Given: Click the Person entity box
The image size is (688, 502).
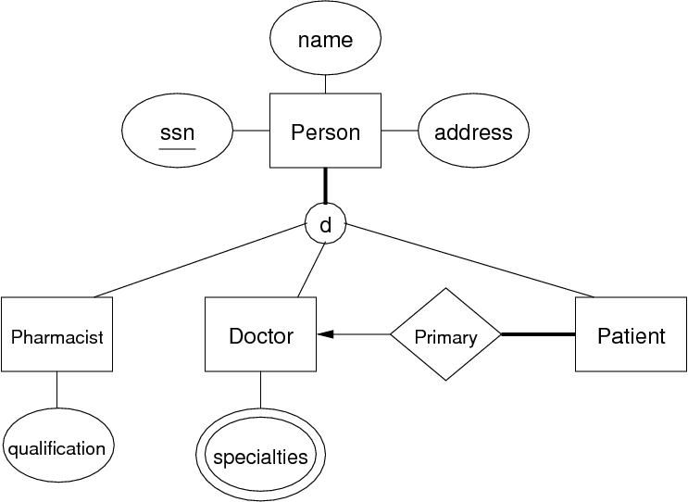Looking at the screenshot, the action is point(325,131).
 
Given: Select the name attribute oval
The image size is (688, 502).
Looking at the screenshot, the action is point(325,38).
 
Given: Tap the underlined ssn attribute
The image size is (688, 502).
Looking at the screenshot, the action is point(177,131).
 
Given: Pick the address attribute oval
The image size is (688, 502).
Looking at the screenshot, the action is point(473,131).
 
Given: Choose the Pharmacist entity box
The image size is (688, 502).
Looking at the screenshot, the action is point(56,334).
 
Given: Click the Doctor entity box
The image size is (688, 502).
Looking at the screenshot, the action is point(260,334).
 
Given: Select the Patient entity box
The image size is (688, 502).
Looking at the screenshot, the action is point(631,334).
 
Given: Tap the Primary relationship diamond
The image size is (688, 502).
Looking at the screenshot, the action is point(445,334).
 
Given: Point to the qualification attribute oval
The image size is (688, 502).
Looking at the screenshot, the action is point(58,446).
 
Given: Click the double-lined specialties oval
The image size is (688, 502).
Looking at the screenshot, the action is point(260,455).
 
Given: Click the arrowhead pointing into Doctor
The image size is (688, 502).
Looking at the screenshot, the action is point(325,334).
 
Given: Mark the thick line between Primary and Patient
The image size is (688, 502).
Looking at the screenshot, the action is point(538,334).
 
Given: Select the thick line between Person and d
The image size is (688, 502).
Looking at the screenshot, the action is point(325,185).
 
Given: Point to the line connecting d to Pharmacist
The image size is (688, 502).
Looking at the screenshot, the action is point(200,260).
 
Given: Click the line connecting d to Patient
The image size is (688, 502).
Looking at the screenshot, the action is point(469,260).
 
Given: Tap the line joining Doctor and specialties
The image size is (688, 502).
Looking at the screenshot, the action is point(260,390).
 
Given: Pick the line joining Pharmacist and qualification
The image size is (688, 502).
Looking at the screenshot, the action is point(56,390).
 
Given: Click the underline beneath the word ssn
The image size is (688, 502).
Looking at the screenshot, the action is point(177,149).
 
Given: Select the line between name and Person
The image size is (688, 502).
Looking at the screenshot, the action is point(325,84).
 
